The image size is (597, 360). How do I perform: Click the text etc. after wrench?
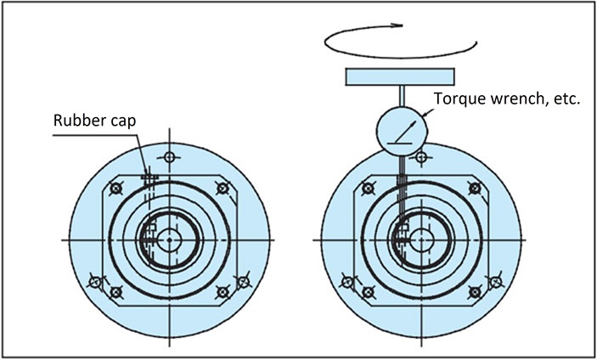(x=564, y=99)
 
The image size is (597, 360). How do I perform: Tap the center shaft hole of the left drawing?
(x=170, y=240)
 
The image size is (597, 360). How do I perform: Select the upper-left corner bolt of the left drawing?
(x=116, y=188)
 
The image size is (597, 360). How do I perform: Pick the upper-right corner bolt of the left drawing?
(x=222, y=188)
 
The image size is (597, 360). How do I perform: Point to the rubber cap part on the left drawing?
(x=150, y=177)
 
